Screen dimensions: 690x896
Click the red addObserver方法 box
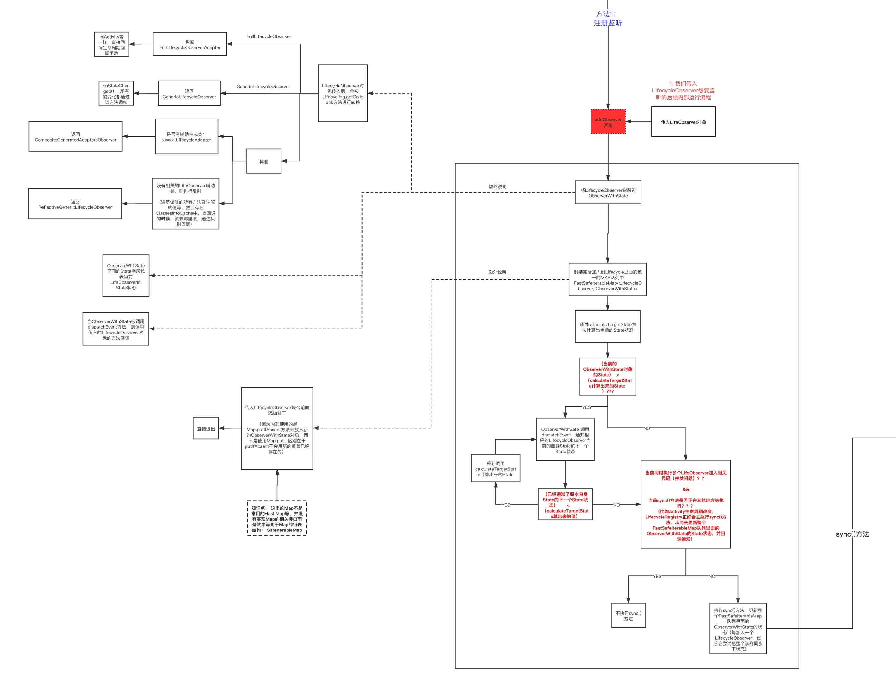[608, 121]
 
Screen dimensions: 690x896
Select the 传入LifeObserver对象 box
[683, 122]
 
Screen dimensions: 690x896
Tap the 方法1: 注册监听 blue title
[608, 18]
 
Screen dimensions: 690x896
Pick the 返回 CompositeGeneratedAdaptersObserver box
[76, 137]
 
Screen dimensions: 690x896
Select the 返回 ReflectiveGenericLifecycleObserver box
[75, 204]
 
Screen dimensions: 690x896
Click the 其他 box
[263, 161]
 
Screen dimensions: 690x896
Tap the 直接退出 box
[206, 428]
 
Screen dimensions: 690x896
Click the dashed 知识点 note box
[277, 518]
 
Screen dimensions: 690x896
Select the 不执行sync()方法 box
[628, 615]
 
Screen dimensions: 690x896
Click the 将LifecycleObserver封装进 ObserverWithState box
[608, 192]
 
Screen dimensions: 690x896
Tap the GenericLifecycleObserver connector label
[263, 86]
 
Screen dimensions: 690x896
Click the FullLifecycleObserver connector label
[269, 36]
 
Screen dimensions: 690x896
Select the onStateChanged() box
[116, 94]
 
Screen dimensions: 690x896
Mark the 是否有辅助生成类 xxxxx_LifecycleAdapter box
[186, 137]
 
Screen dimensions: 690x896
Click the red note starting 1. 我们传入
[683, 90]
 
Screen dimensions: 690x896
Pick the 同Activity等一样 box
[111, 44]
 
